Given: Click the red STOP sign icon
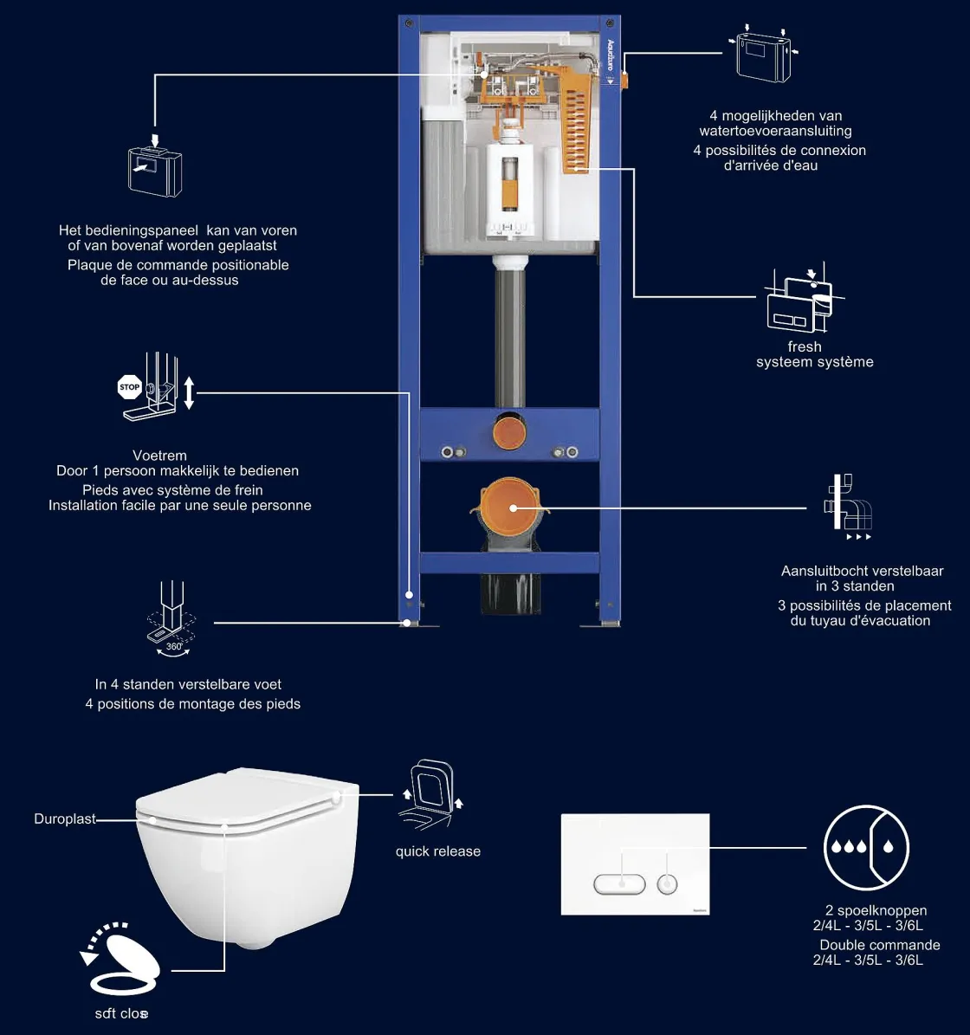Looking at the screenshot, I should pyautogui.click(x=129, y=387).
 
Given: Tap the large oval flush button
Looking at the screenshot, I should pyautogui.click(x=619, y=884).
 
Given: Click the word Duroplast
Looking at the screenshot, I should pyautogui.click(x=65, y=818).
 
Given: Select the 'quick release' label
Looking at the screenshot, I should pyautogui.click(x=437, y=851).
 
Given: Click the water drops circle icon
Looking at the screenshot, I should pyautogui.click(x=865, y=847).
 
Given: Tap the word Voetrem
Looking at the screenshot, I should pyautogui.click(x=159, y=455).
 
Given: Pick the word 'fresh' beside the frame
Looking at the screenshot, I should pyautogui.click(x=804, y=346).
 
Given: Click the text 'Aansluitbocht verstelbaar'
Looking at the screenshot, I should pyautogui.click(x=862, y=571).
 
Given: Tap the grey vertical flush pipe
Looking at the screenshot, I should pyautogui.click(x=508, y=338).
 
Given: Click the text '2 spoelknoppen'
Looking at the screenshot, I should pyautogui.click(x=876, y=910).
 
